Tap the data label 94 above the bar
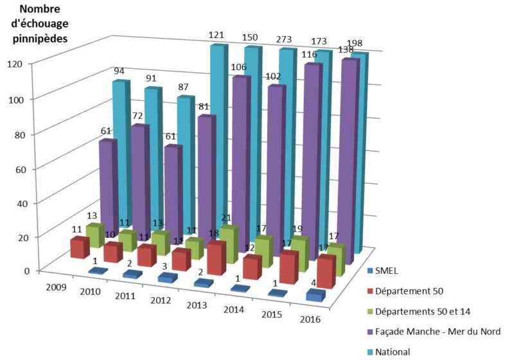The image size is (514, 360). (120, 72)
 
